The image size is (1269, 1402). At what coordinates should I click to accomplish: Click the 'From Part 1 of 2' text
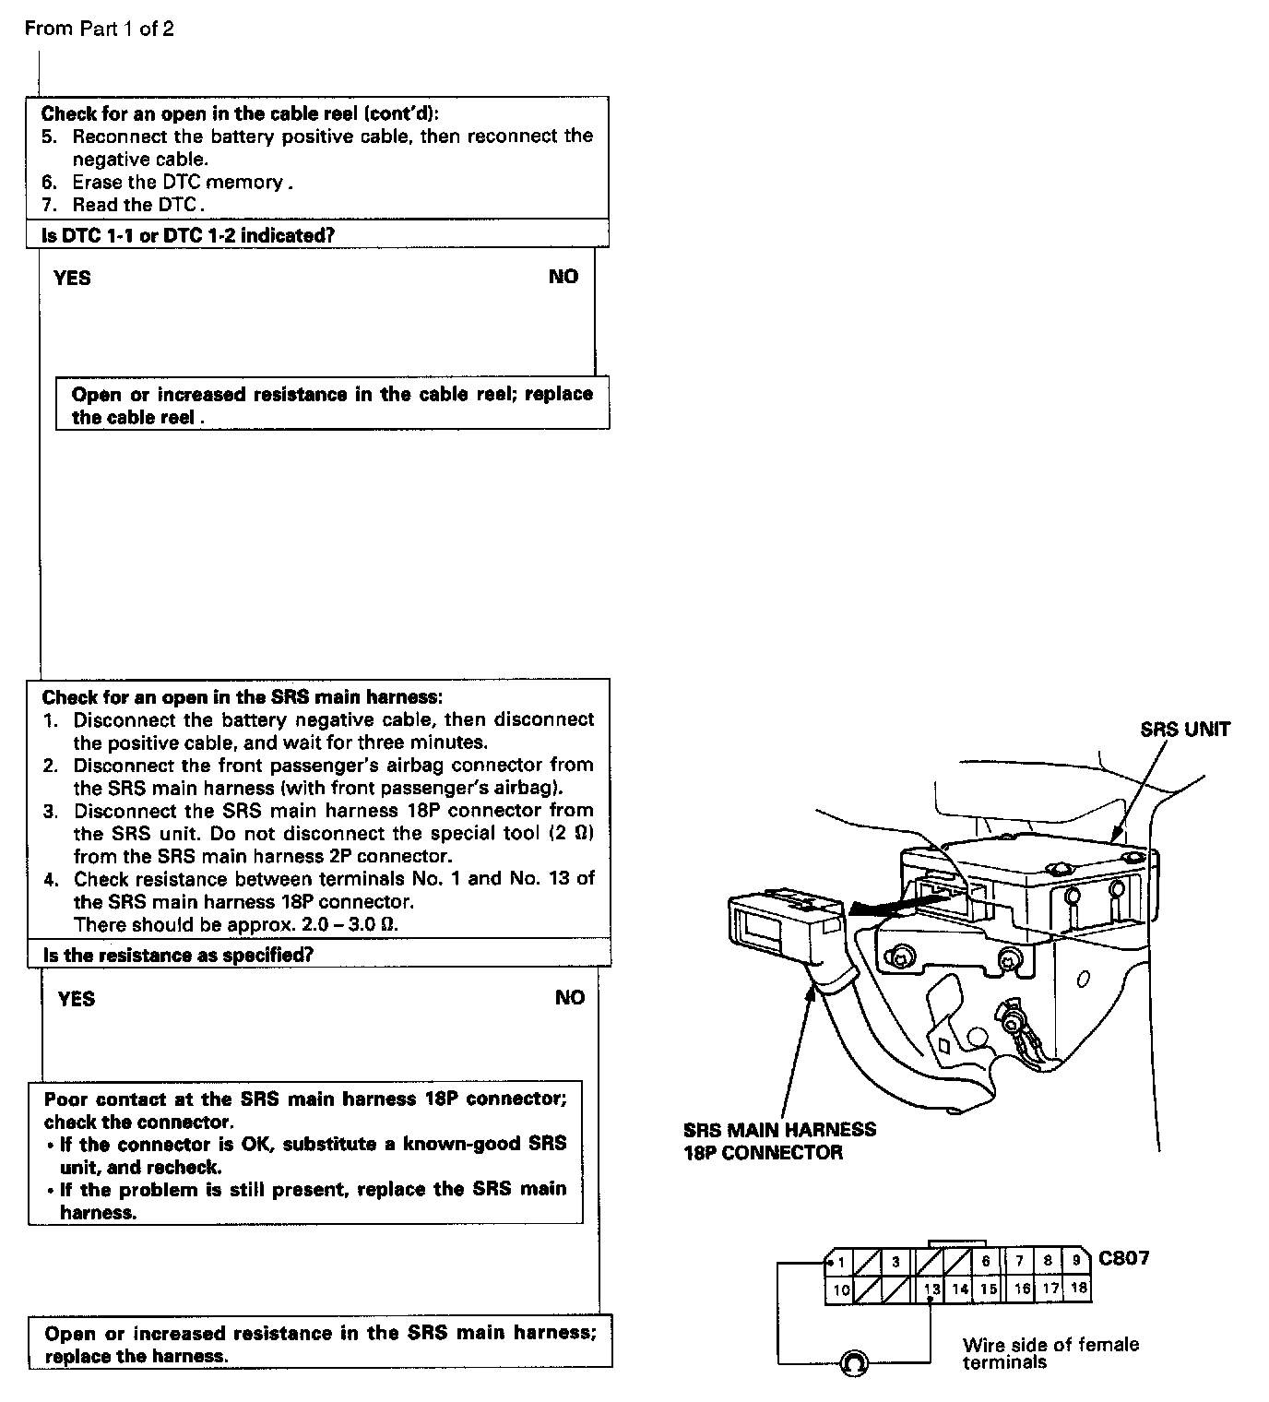(99, 29)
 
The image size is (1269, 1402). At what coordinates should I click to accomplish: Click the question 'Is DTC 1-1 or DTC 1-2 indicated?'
(188, 235)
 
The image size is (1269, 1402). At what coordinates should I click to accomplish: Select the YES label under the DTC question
(72, 278)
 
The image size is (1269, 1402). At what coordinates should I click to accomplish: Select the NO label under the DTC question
(563, 277)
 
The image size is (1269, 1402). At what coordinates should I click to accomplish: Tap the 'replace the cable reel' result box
(332, 405)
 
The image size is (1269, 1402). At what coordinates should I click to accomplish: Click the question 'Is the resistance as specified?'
(178, 955)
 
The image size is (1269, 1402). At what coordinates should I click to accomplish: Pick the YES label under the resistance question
(76, 999)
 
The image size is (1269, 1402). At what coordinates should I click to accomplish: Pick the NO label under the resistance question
(569, 998)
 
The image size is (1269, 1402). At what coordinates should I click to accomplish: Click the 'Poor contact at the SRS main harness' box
(305, 1155)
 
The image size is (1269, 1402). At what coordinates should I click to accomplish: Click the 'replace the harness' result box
(320, 1344)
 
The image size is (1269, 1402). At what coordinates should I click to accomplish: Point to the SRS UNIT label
(1185, 730)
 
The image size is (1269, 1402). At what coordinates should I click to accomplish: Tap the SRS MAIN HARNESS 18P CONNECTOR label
(779, 1141)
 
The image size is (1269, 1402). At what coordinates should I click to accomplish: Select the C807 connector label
(1123, 1258)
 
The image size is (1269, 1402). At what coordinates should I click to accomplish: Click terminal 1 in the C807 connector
(841, 1262)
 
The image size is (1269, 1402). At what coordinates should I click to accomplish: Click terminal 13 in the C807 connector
(932, 1289)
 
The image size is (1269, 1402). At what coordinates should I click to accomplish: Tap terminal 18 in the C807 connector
(1078, 1289)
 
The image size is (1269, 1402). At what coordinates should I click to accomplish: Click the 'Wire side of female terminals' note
(1050, 1353)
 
